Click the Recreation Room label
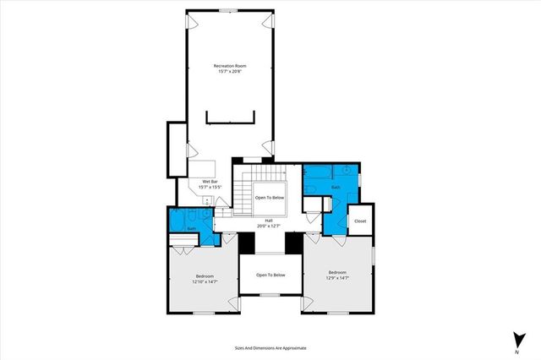click(230, 65)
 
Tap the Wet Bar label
click(210, 180)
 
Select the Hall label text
click(268, 221)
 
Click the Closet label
click(360, 221)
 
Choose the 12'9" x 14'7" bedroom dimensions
click(337, 277)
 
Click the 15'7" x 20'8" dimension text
click(230, 71)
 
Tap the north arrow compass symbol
click(516, 338)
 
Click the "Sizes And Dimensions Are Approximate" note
click(270, 347)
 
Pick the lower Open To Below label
click(270, 275)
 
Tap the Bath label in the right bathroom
click(336, 187)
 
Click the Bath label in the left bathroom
click(192, 228)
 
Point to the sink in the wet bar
click(207, 200)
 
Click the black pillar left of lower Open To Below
click(246, 242)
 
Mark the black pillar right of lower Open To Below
click(294, 242)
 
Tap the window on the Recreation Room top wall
click(229, 10)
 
